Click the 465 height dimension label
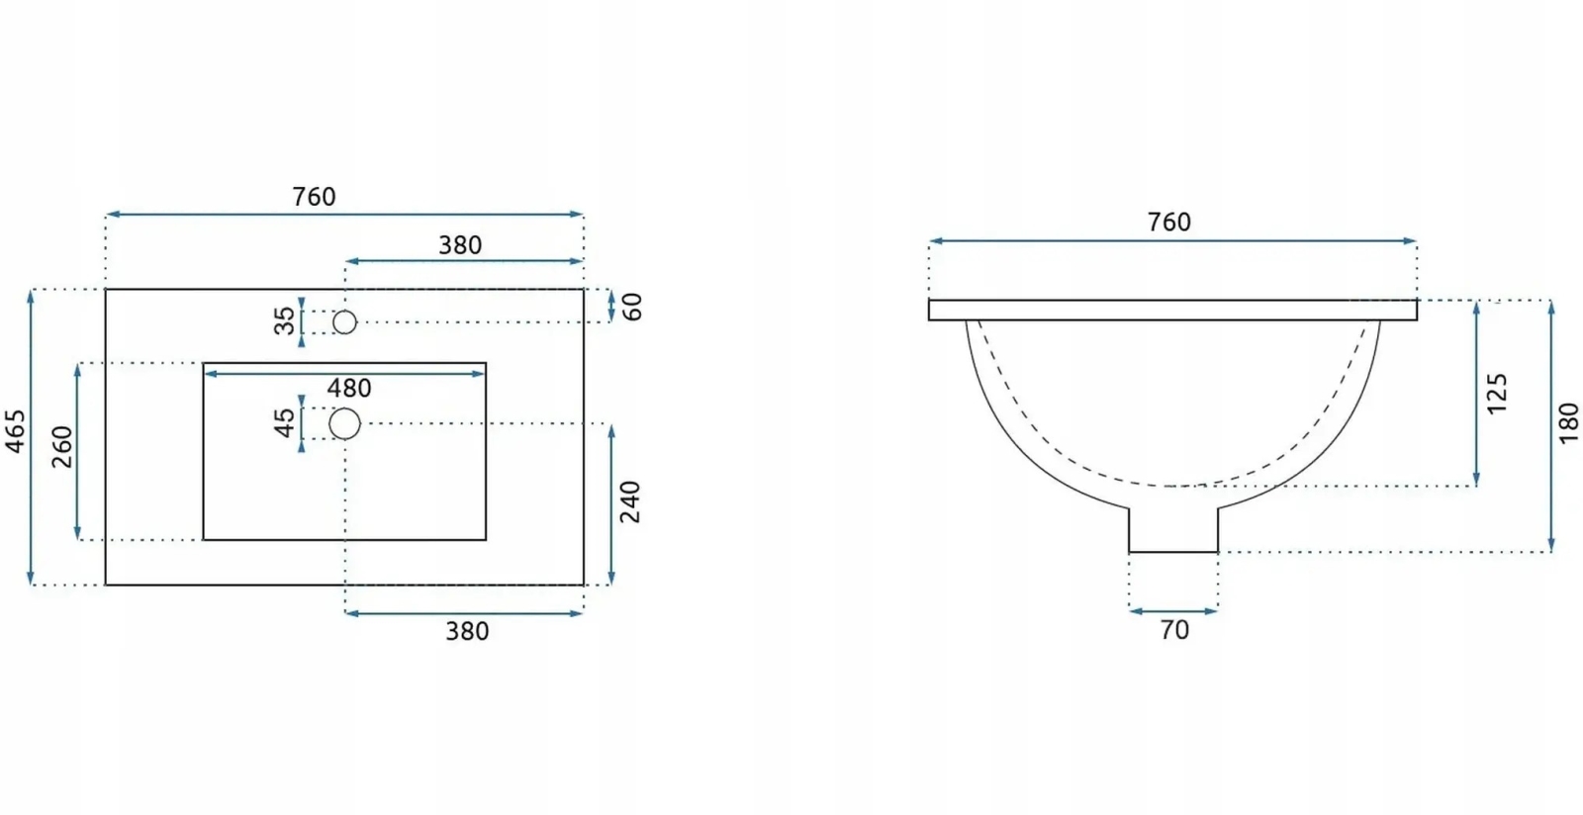[x=16, y=431]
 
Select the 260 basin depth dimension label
[x=63, y=446]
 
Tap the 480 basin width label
[x=349, y=389]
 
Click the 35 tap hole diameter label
[x=285, y=320]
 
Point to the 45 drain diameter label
[x=285, y=423]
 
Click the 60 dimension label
[x=632, y=307]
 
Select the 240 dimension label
[x=629, y=502]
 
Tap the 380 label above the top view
[x=460, y=245]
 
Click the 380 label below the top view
[x=467, y=631]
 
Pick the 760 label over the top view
[x=314, y=197]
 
